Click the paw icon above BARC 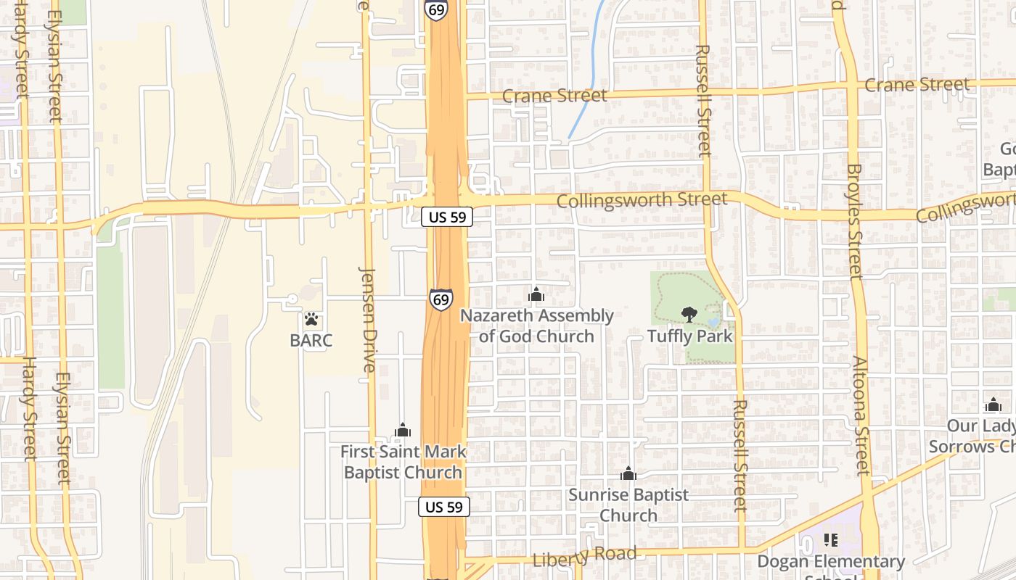[x=311, y=318]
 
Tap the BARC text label [x=311, y=340]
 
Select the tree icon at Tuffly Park [x=688, y=314]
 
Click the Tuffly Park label [x=690, y=336]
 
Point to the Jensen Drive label [x=368, y=319]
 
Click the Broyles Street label [x=854, y=221]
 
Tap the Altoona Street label [x=861, y=415]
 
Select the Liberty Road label [x=585, y=557]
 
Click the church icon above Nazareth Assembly [x=536, y=294]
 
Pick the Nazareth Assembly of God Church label [x=537, y=326]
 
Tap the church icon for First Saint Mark [x=403, y=431]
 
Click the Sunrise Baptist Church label [x=628, y=505]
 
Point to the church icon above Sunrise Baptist [x=628, y=474]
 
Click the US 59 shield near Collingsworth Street [x=447, y=216]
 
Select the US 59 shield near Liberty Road [x=444, y=507]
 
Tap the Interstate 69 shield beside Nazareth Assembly [x=441, y=299]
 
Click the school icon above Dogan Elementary [x=831, y=540]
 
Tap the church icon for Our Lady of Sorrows [x=993, y=405]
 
